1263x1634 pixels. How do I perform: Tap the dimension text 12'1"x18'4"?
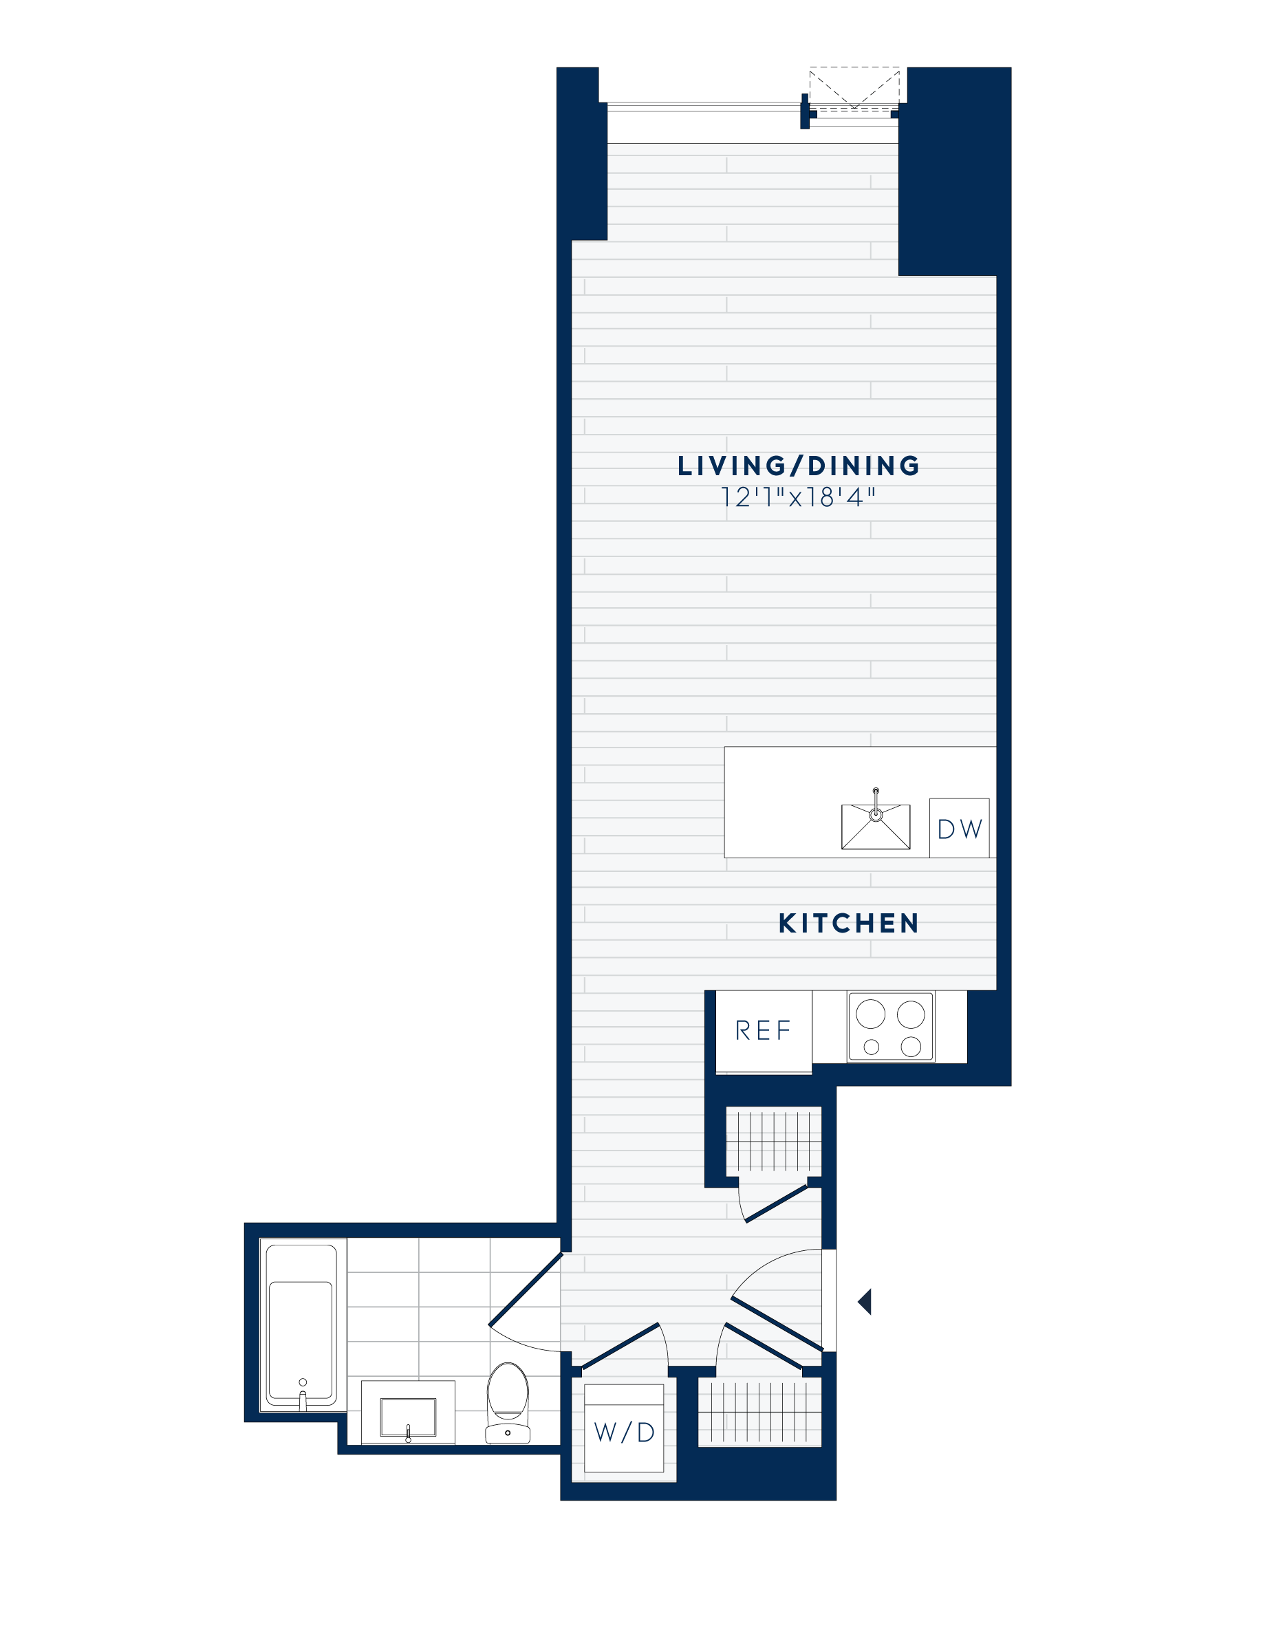(x=797, y=497)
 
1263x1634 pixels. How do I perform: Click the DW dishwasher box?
(x=959, y=828)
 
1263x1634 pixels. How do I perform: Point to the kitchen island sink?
(x=876, y=827)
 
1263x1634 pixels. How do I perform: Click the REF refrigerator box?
(x=763, y=1031)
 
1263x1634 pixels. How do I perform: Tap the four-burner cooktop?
(x=890, y=1027)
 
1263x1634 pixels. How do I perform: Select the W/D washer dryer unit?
(x=624, y=1432)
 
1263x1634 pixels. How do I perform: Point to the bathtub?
(x=301, y=1326)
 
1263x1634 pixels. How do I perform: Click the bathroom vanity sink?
(x=408, y=1416)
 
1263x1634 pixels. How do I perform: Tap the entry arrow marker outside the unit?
(x=865, y=1302)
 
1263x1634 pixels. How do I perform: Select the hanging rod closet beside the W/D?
(x=759, y=1413)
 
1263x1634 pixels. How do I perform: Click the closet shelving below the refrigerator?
(x=774, y=1141)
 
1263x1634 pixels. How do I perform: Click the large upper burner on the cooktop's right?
(x=911, y=1014)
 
